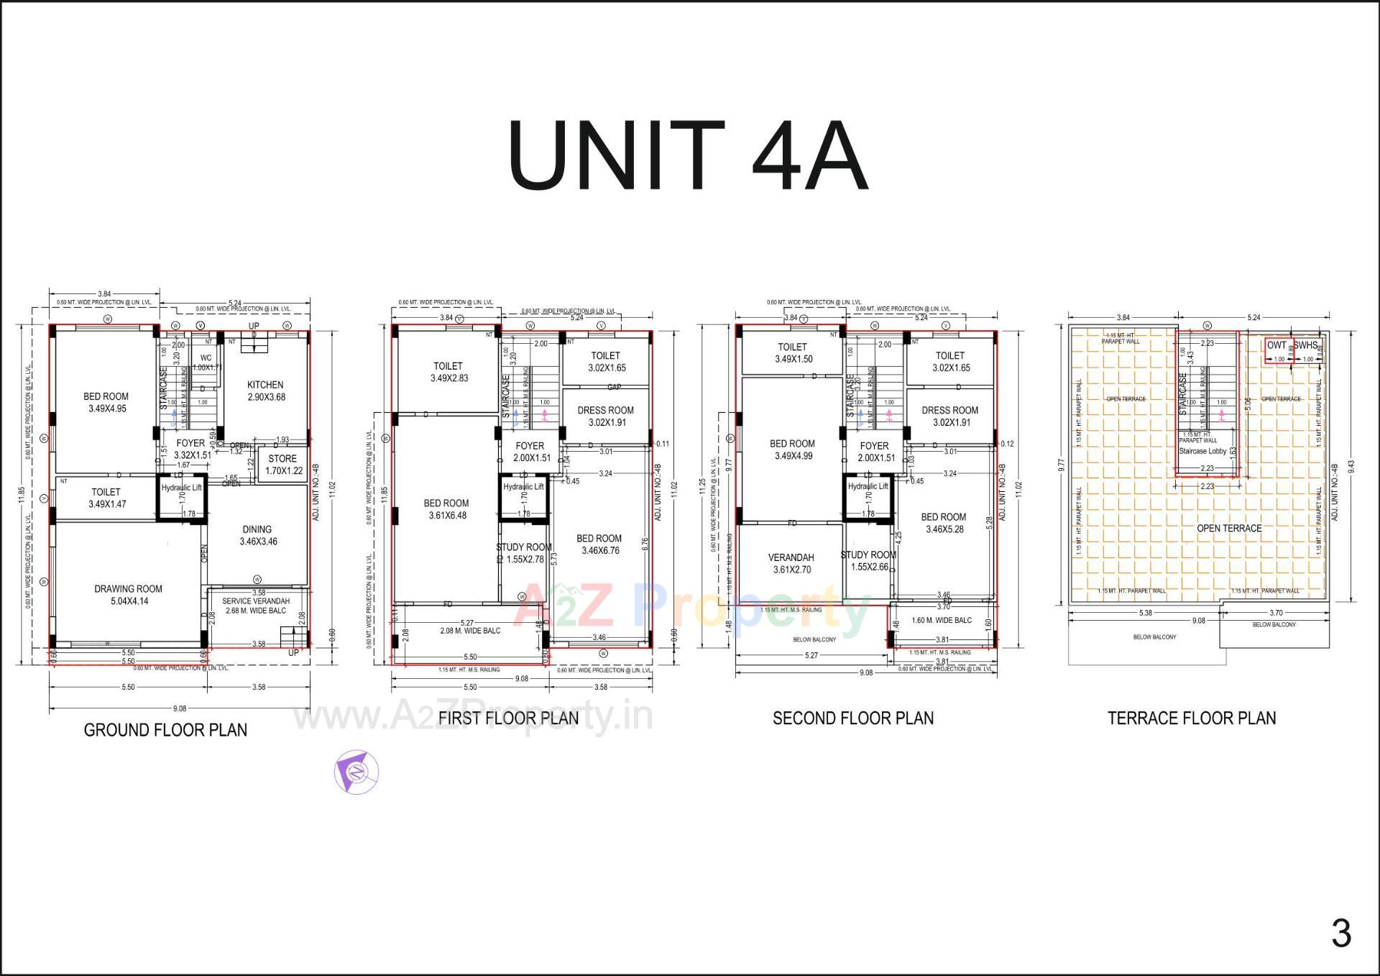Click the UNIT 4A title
[688, 155]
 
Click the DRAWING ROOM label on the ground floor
[129, 595]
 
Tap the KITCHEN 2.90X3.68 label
[265, 391]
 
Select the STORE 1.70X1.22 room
[283, 465]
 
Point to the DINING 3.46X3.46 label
[257, 535]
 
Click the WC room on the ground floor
[206, 362]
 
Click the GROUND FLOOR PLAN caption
[165, 730]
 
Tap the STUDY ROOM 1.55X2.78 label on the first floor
[525, 553]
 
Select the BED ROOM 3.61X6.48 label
[446, 509]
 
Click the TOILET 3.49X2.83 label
[448, 372]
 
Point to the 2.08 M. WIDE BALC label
[470, 631]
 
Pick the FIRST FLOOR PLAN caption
[508, 718]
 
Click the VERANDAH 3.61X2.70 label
[791, 563]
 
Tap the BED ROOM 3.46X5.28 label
[943, 523]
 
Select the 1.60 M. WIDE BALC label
[941, 620]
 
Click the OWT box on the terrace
[1277, 346]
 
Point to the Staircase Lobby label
[1202, 451]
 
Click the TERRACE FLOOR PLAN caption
[1191, 718]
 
